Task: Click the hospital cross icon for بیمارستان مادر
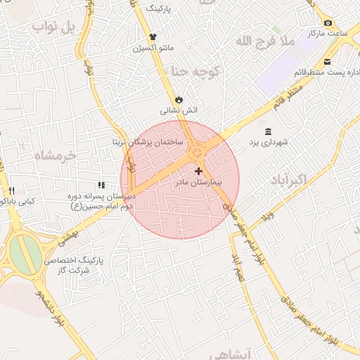[199, 171]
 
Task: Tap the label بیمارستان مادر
[198, 181]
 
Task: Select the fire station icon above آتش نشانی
[179, 99]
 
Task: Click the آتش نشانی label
[179, 110]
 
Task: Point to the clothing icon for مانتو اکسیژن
[152, 37]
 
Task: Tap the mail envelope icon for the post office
[328, 62]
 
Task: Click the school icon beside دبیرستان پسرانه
[101, 185]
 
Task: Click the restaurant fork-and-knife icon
[11, 191]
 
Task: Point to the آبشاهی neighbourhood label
[250, 354]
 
